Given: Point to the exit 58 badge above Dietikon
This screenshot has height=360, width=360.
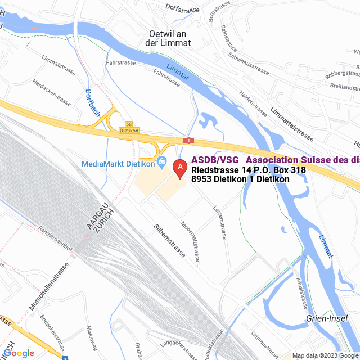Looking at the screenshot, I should click(x=129, y=124).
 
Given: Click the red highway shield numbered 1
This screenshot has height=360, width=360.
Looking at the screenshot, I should click(x=188, y=140).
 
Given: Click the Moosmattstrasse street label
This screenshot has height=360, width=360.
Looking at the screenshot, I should click(x=190, y=240).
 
